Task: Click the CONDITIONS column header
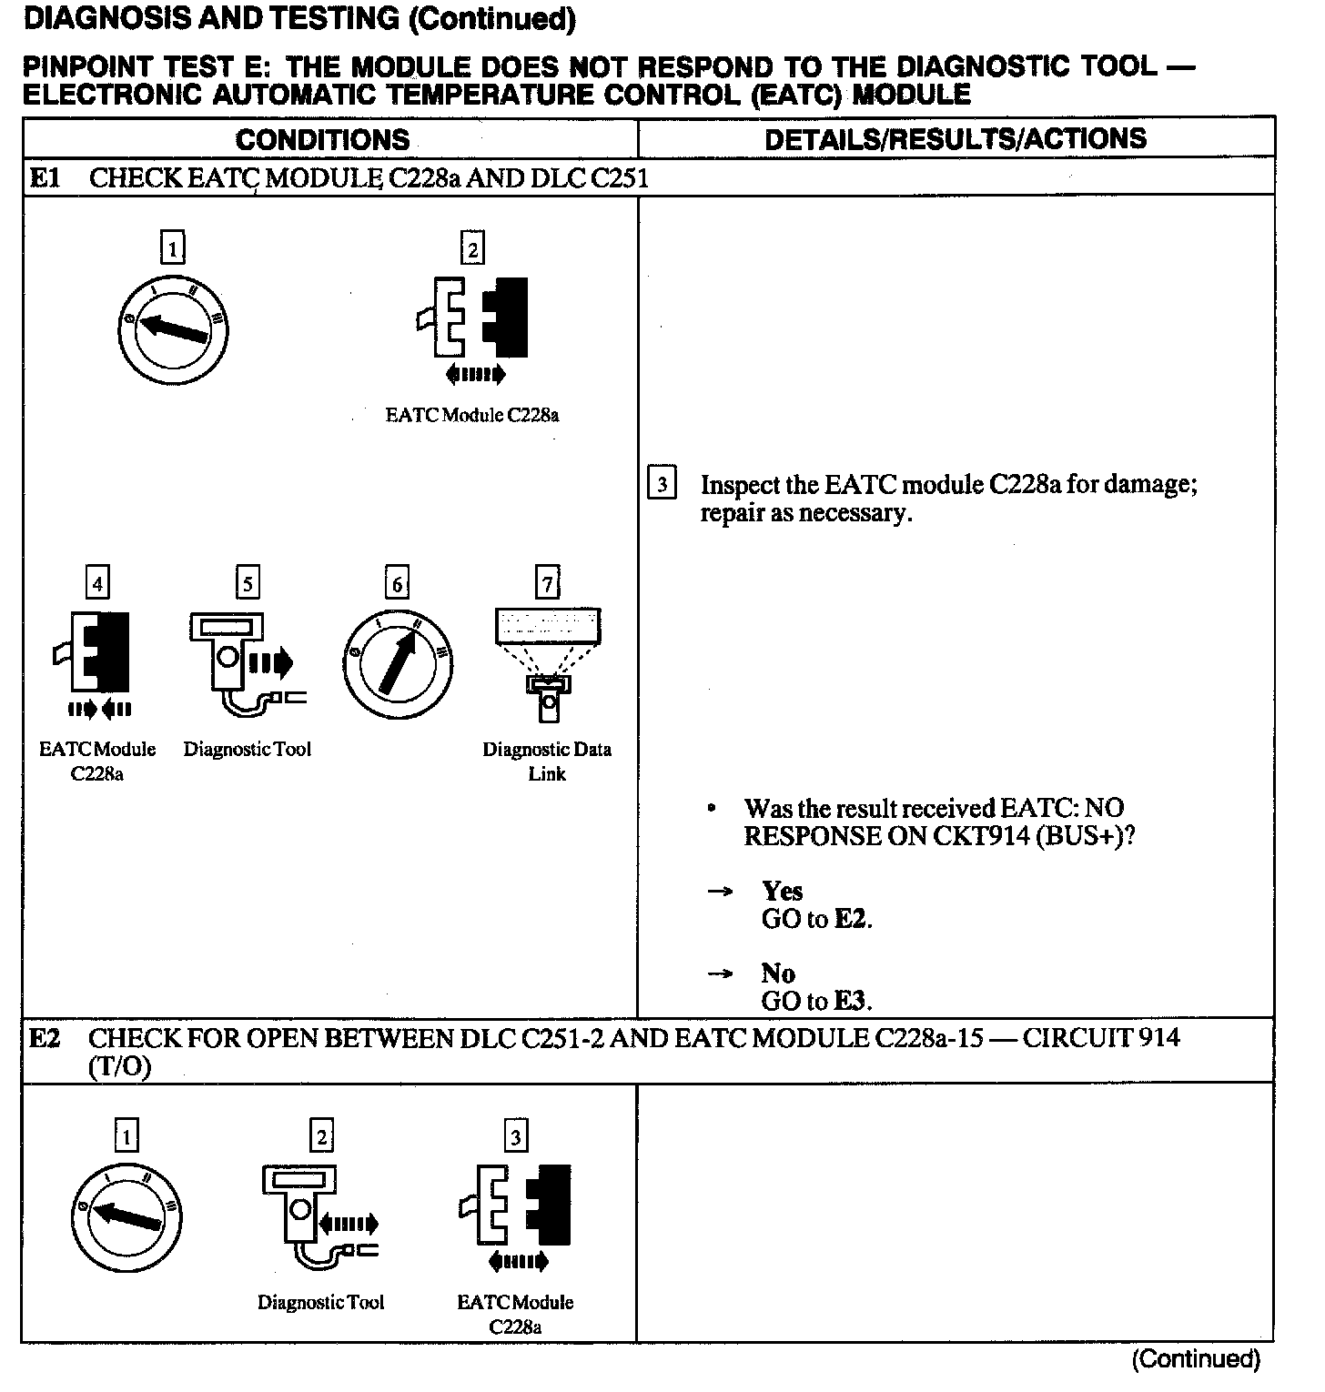[x=323, y=139]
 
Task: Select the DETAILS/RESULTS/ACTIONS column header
[x=956, y=139]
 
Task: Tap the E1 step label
[x=45, y=177]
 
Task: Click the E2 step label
[x=45, y=1037]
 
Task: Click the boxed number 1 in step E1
[x=172, y=247]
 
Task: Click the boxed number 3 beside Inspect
[x=662, y=484]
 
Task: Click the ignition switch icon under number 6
[x=398, y=663]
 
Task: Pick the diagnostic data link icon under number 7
[x=547, y=664]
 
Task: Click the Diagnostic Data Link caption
[x=547, y=762]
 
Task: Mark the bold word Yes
[x=783, y=892]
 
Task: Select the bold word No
[x=778, y=973]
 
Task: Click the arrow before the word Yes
[x=720, y=893]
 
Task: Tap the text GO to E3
[x=816, y=1002]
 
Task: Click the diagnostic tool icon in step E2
[x=314, y=1215]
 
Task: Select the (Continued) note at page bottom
[x=1196, y=1359]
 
